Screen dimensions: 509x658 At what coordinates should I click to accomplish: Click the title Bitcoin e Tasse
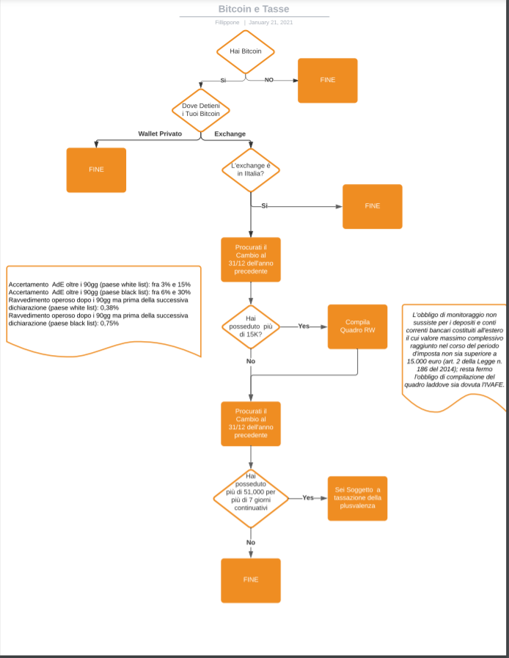(x=254, y=9)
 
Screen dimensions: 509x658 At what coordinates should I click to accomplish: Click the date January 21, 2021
(x=271, y=22)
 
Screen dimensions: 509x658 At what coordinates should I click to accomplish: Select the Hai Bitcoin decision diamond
(x=246, y=51)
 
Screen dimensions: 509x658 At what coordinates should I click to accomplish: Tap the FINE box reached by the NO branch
(x=328, y=80)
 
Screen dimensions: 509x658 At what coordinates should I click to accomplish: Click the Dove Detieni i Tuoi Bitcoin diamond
(x=200, y=110)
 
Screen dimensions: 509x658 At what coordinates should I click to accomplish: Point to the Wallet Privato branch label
(x=160, y=134)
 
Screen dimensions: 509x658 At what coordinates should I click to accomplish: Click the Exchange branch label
(x=230, y=134)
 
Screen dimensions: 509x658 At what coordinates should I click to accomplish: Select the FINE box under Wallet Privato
(x=96, y=170)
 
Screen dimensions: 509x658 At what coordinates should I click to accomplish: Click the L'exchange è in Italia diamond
(x=251, y=170)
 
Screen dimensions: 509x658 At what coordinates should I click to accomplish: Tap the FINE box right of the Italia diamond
(x=372, y=206)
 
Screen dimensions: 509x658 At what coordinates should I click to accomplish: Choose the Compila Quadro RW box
(x=357, y=326)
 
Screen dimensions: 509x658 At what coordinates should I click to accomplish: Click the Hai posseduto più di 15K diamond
(x=251, y=326)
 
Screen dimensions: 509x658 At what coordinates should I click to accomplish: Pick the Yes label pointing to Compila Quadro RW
(x=304, y=326)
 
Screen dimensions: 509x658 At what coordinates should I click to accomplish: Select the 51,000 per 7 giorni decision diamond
(x=251, y=498)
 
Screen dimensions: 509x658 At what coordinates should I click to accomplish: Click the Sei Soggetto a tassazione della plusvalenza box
(x=357, y=498)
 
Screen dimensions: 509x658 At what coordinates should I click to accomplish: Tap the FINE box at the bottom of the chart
(x=251, y=580)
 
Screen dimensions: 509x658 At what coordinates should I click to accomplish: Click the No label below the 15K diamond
(x=251, y=361)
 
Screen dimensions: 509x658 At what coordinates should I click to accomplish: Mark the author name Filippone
(x=227, y=22)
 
